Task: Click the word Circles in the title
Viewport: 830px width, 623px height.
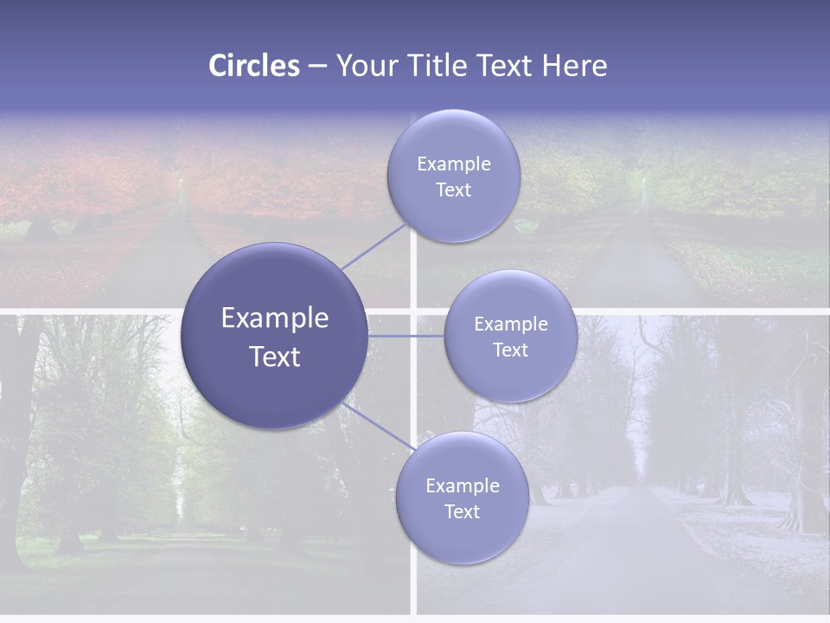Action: point(253,66)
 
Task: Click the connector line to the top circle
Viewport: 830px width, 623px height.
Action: point(373,246)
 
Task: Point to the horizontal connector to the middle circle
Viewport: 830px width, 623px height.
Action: point(405,336)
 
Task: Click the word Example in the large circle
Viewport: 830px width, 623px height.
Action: point(274,318)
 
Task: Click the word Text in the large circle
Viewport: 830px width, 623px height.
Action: point(274,356)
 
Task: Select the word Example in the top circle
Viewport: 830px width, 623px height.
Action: point(453,164)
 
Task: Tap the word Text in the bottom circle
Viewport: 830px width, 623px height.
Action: point(462,511)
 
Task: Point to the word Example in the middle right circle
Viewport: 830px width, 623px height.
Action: point(510,324)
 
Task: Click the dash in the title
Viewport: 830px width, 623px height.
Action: point(317,66)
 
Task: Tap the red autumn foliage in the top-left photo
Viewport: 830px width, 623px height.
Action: point(78,173)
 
